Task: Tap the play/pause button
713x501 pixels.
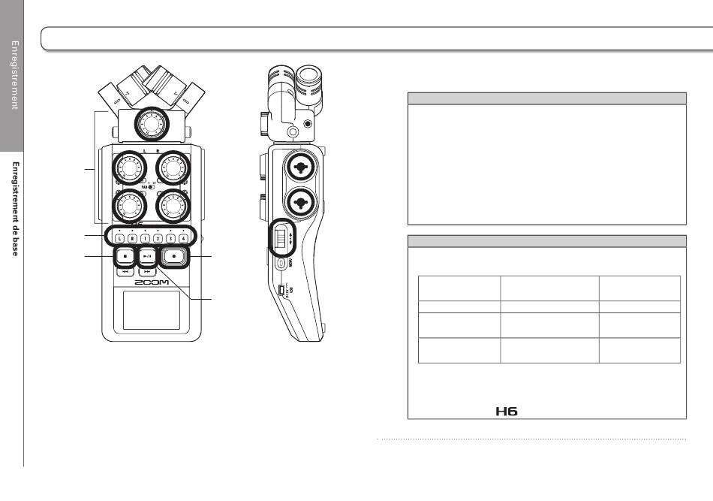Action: coord(148,256)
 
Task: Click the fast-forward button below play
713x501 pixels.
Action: coord(148,271)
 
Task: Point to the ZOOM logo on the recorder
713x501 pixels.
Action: coord(152,283)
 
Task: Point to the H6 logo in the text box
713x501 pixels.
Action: coord(507,412)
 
